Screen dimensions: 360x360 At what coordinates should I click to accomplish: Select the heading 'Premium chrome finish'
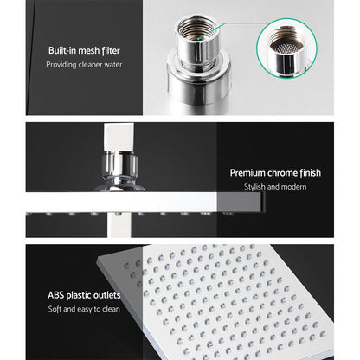[275, 173]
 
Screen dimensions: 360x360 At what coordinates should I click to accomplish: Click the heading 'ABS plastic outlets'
[80, 294]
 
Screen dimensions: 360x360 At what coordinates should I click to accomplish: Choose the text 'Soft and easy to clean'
[83, 308]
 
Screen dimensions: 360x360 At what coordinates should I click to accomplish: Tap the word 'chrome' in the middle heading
[282, 173]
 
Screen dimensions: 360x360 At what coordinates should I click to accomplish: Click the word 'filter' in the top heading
[118, 50]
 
